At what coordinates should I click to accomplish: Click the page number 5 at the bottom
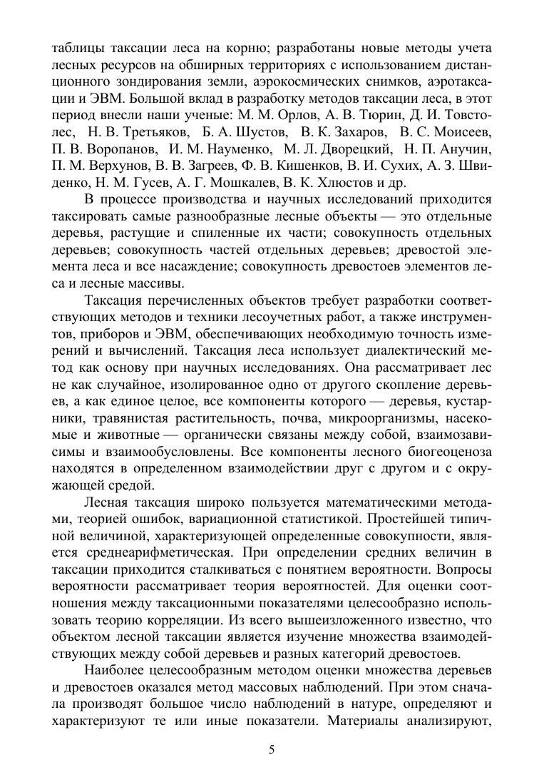[272, 750]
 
